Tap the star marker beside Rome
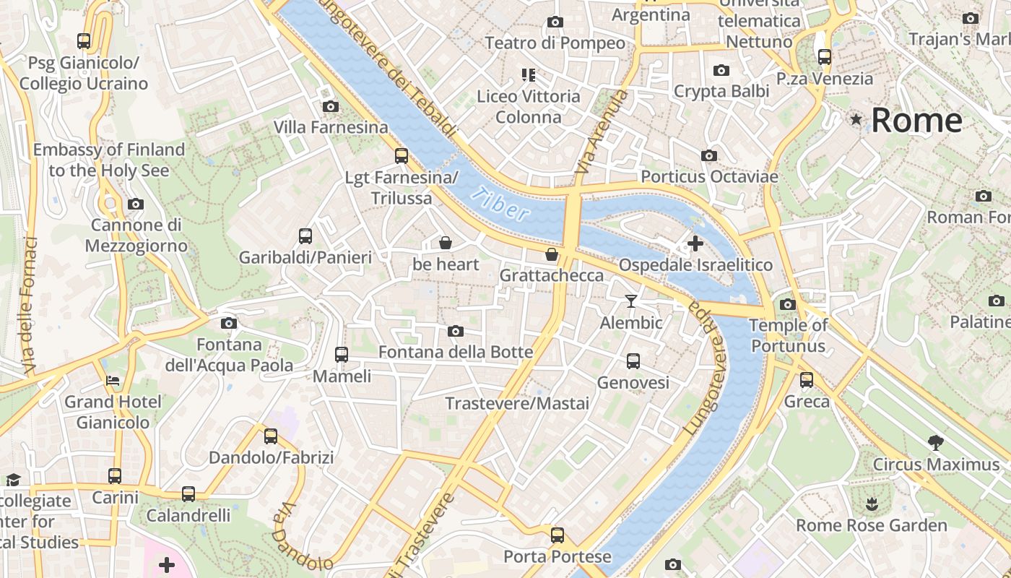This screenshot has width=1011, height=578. (x=856, y=119)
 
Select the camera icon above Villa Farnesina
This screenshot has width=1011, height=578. (x=331, y=107)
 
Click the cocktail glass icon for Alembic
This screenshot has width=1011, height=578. (x=631, y=301)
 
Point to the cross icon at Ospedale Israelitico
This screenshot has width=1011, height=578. (x=695, y=243)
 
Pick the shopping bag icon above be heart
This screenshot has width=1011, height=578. (x=446, y=243)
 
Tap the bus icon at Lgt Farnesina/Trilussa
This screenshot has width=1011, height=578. (x=402, y=155)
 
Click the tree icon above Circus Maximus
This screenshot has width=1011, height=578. (x=935, y=442)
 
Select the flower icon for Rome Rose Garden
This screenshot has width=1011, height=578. (x=872, y=504)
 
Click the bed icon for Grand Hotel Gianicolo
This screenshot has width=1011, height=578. (x=113, y=380)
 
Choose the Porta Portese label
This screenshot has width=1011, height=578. (x=557, y=557)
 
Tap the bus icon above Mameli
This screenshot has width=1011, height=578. (x=342, y=355)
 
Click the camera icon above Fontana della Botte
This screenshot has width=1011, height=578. (x=455, y=331)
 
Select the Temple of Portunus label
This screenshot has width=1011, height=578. (x=788, y=335)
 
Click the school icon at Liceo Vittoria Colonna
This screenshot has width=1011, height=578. (x=529, y=74)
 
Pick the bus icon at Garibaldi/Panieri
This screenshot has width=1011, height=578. (x=305, y=236)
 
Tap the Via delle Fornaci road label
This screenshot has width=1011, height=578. (x=29, y=305)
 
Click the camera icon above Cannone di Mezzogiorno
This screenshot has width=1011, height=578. (x=136, y=204)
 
